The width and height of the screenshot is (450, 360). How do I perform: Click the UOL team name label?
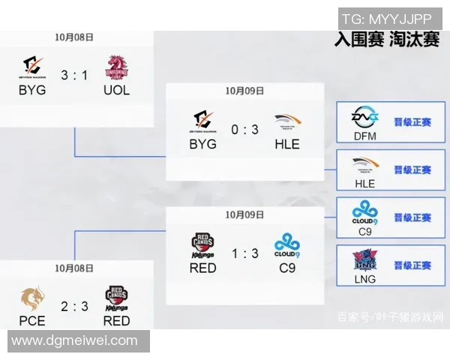(116, 90)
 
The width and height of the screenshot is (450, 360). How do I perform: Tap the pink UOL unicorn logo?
(116, 67)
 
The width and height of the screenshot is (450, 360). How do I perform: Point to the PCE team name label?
(32, 321)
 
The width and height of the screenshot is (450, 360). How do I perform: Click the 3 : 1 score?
(74, 76)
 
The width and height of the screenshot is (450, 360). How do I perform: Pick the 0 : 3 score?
(244, 130)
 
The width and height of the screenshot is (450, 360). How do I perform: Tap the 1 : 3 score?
(244, 254)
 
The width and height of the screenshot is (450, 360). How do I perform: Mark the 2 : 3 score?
(74, 307)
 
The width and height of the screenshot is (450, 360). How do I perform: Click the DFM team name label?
(364, 136)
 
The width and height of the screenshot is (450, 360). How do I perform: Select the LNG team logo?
(364, 260)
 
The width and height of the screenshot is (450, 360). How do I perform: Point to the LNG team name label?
(364, 279)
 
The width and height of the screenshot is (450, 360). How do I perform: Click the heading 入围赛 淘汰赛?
(386, 40)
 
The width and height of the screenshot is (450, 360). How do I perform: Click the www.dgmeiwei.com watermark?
(75, 340)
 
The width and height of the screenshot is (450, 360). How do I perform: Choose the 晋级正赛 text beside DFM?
(412, 122)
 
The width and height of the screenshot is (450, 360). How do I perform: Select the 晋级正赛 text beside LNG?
(412, 265)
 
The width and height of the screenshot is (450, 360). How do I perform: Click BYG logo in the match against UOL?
(32, 67)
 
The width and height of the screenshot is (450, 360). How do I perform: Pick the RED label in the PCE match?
(116, 321)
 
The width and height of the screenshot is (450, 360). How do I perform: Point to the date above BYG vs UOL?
(74, 37)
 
